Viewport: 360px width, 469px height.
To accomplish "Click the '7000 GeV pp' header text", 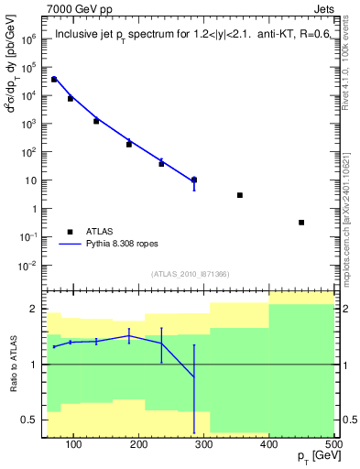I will click(76, 9).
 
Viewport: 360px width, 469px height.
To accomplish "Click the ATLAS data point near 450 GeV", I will click(301, 223).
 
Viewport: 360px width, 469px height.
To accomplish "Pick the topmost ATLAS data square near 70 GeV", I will click(54, 80).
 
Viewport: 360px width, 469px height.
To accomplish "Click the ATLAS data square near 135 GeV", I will click(96, 121).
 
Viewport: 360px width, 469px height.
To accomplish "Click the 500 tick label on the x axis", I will click(333, 444).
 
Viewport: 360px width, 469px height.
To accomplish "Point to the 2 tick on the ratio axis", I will click(35, 309).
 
